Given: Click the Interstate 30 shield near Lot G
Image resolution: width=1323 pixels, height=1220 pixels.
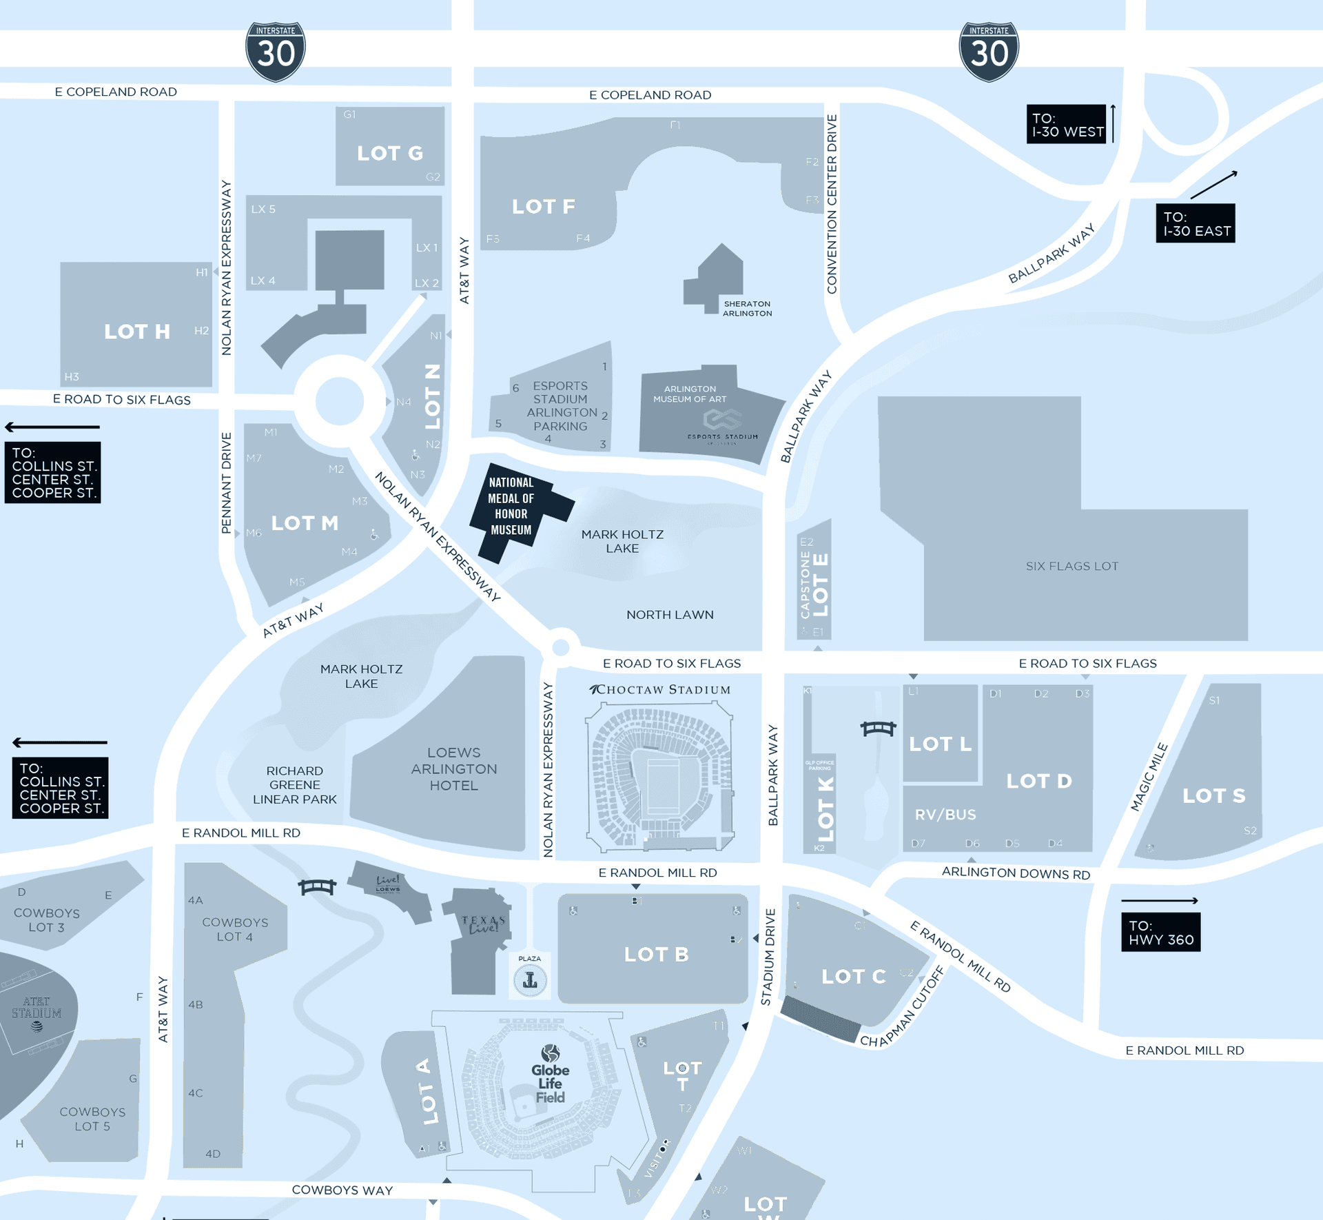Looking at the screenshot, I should [276, 52].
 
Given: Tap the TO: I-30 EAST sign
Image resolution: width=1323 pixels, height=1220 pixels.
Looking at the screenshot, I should [1195, 223].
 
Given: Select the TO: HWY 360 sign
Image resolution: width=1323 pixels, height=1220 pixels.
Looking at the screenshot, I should [1160, 932].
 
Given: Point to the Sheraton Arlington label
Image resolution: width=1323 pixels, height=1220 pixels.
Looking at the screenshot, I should [747, 308].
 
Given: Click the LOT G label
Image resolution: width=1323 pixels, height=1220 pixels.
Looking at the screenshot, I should [389, 153].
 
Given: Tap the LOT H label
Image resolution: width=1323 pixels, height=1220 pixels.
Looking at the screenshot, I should [136, 332].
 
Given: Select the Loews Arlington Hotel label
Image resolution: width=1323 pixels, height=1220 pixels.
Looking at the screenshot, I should [453, 769].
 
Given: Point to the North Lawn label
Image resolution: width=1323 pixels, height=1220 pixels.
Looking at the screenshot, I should [669, 614].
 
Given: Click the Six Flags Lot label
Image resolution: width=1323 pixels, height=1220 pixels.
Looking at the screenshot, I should [1071, 566].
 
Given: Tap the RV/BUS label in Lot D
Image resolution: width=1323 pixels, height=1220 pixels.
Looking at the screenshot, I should [945, 814].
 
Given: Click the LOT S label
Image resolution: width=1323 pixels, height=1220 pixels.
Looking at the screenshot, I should [1213, 795].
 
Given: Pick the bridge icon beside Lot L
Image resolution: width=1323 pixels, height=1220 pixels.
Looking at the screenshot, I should [878, 728].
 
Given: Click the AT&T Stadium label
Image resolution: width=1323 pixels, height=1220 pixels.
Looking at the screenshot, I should [37, 1008].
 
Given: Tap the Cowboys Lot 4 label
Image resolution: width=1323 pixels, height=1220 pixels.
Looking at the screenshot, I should [235, 928].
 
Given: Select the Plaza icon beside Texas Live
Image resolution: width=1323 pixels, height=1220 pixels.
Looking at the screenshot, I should [530, 979].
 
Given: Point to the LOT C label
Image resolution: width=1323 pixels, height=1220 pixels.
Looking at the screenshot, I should [853, 976].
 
